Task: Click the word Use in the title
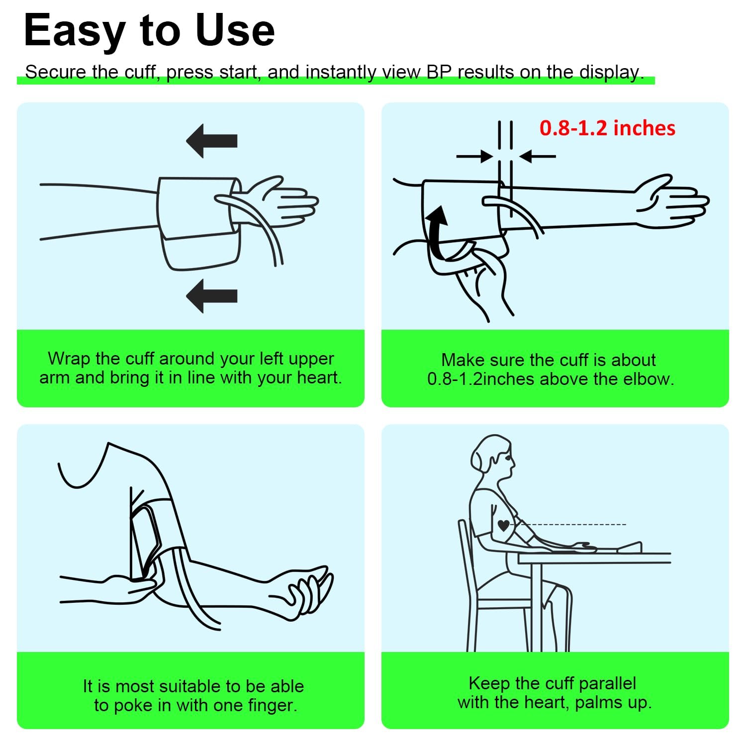[x=235, y=30]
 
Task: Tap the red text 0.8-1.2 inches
[x=607, y=128]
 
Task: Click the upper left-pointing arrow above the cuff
[x=211, y=141]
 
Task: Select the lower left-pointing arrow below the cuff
[x=211, y=296]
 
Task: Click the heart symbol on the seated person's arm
[x=504, y=525]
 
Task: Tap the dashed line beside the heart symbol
[x=572, y=524]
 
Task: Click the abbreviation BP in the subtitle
[x=439, y=72]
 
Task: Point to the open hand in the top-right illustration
[x=671, y=201]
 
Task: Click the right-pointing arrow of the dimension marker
[x=475, y=157]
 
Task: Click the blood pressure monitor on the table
[x=629, y=548]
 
